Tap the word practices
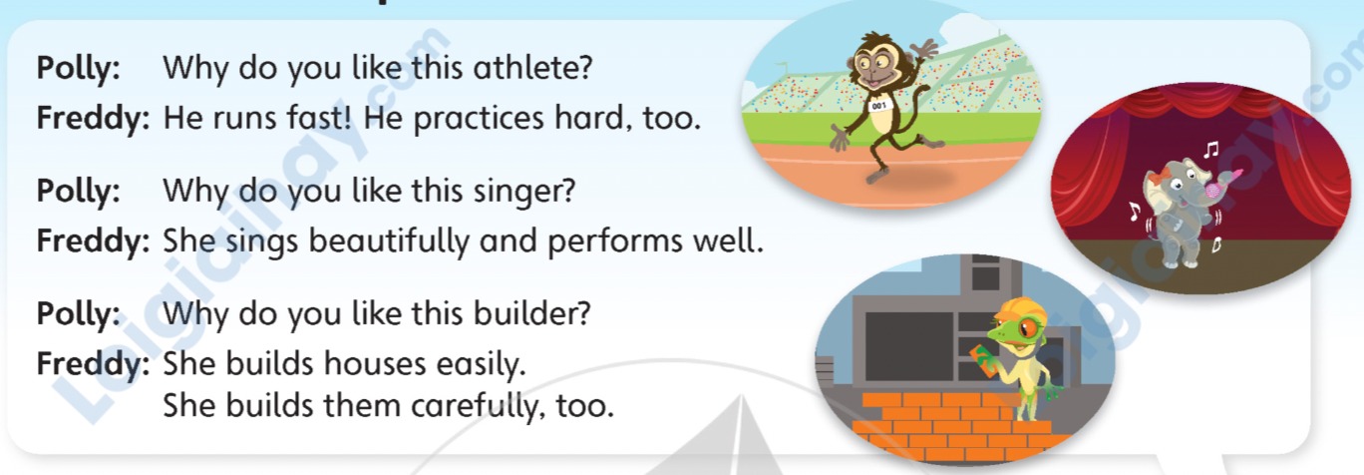click(478, 119)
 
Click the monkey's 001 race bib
click(878, 106)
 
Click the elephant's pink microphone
click(1214, 185)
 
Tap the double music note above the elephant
click(1210, 150)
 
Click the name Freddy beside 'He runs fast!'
click(93, 119)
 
